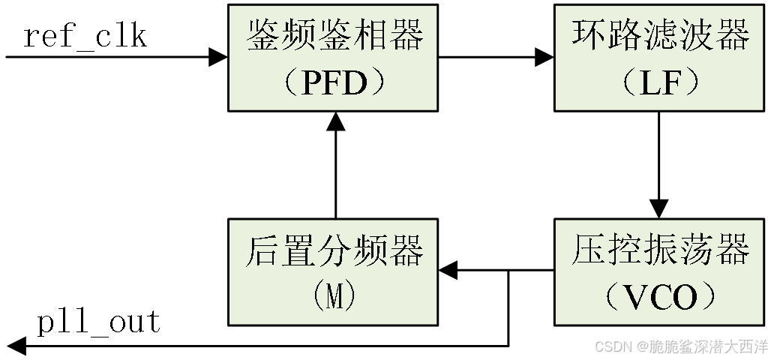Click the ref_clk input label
click(x=85, y=36)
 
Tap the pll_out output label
click(x=99, y=322)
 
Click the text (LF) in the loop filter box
click(x=659, y=83)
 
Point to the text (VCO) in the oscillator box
click(x=659, y=298)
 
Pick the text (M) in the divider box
click(x=334, y=298)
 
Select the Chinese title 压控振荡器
click(x=660, y=250)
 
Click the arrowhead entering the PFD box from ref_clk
click(x=218, y=57)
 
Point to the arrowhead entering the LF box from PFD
click(x=544, y=57)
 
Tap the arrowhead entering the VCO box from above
click(x=659, y=208)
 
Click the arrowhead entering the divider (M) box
click(x=448, y=271)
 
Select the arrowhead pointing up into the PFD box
click(x=334, y=121)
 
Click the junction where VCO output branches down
click(x=509, y=271)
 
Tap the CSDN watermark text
click(x=680, y=346)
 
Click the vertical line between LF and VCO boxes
click(x=659, y=154)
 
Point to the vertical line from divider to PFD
click(x=334, y=172)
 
